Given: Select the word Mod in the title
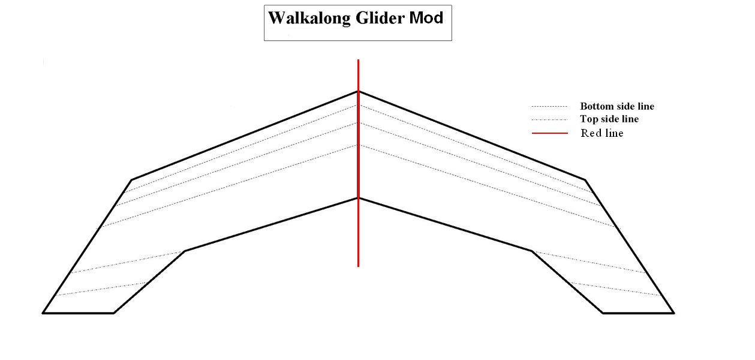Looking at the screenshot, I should coord(426,18).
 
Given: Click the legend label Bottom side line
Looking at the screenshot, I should coord(616,106).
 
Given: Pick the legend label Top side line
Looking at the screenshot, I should coord(609,119).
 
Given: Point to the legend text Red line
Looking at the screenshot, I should coord(601,133).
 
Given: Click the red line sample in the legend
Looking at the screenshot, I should coord(549,133).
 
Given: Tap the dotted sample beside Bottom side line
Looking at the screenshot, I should coord(549,106).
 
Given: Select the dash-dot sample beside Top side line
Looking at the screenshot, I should coord(549,119).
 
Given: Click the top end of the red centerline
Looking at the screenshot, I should coord(358,60).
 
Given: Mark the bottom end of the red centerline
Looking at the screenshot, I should coord(358,266).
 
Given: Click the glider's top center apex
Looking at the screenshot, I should coord(358,91).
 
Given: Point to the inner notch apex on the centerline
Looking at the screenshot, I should coord(358,198).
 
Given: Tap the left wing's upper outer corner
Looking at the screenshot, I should coord(131,179).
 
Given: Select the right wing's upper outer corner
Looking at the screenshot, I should coord(585,179).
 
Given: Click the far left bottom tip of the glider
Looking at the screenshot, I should coord(43,313).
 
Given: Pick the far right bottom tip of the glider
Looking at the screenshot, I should coord(673,313).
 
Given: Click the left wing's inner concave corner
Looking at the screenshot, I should coord(185,251).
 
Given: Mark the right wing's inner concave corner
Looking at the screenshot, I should coord(531,251).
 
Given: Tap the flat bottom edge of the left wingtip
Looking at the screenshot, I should coord(78,313).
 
